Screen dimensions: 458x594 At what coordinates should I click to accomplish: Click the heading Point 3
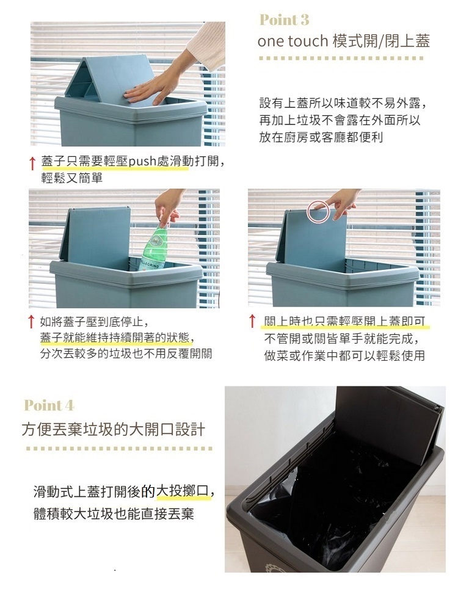click(x=284, y=20)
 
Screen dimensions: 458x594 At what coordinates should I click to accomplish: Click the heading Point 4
click(x=49, y=405)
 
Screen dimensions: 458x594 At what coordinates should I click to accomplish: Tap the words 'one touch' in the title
click(x=293, y=42)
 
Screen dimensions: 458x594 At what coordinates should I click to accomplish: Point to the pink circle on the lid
click(x=318, y=211)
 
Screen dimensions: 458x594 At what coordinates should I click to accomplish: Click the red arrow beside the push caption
click(x=32, y=163)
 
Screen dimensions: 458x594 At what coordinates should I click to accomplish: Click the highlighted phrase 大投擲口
click(x=182, y=491)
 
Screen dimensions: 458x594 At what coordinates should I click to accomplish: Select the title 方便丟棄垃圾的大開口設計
click(x=114, y=430)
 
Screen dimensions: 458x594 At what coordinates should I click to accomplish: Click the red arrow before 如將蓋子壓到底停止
click(x=32, y=322)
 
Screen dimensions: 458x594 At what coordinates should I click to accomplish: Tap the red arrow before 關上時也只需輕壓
click(x=252, y=321)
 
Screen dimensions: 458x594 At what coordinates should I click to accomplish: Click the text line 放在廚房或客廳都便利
click(x=321, y=137)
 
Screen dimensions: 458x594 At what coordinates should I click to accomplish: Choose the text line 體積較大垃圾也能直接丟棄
click(x=114, y=514)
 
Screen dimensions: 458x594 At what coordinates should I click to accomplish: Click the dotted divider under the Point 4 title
click(x=119, y=449)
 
